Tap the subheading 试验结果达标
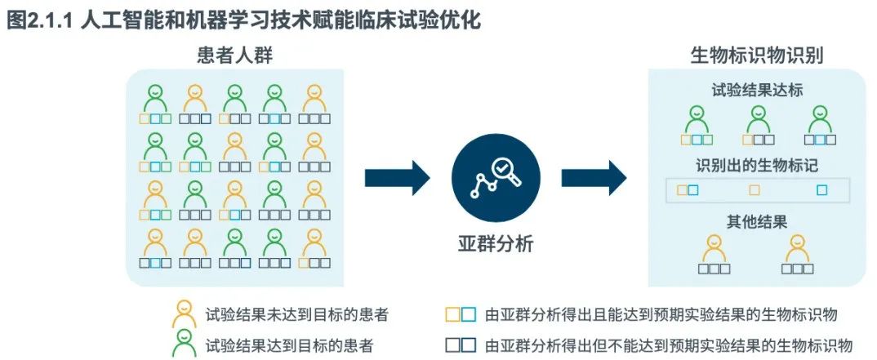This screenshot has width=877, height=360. tap(757, 91)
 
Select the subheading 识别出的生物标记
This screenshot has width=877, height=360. tap(757, 167)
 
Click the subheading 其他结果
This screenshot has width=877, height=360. tap(757, 221)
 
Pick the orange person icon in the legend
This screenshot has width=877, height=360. tap(184, 313)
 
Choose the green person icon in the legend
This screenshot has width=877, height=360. tap(184, 344)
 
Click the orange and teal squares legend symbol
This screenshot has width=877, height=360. tap(459, 314)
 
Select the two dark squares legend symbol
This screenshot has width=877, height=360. tap(459, 344)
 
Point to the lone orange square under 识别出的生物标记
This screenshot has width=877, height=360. tap(755, 190)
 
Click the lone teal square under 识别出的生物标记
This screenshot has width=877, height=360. tap(822, 190)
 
